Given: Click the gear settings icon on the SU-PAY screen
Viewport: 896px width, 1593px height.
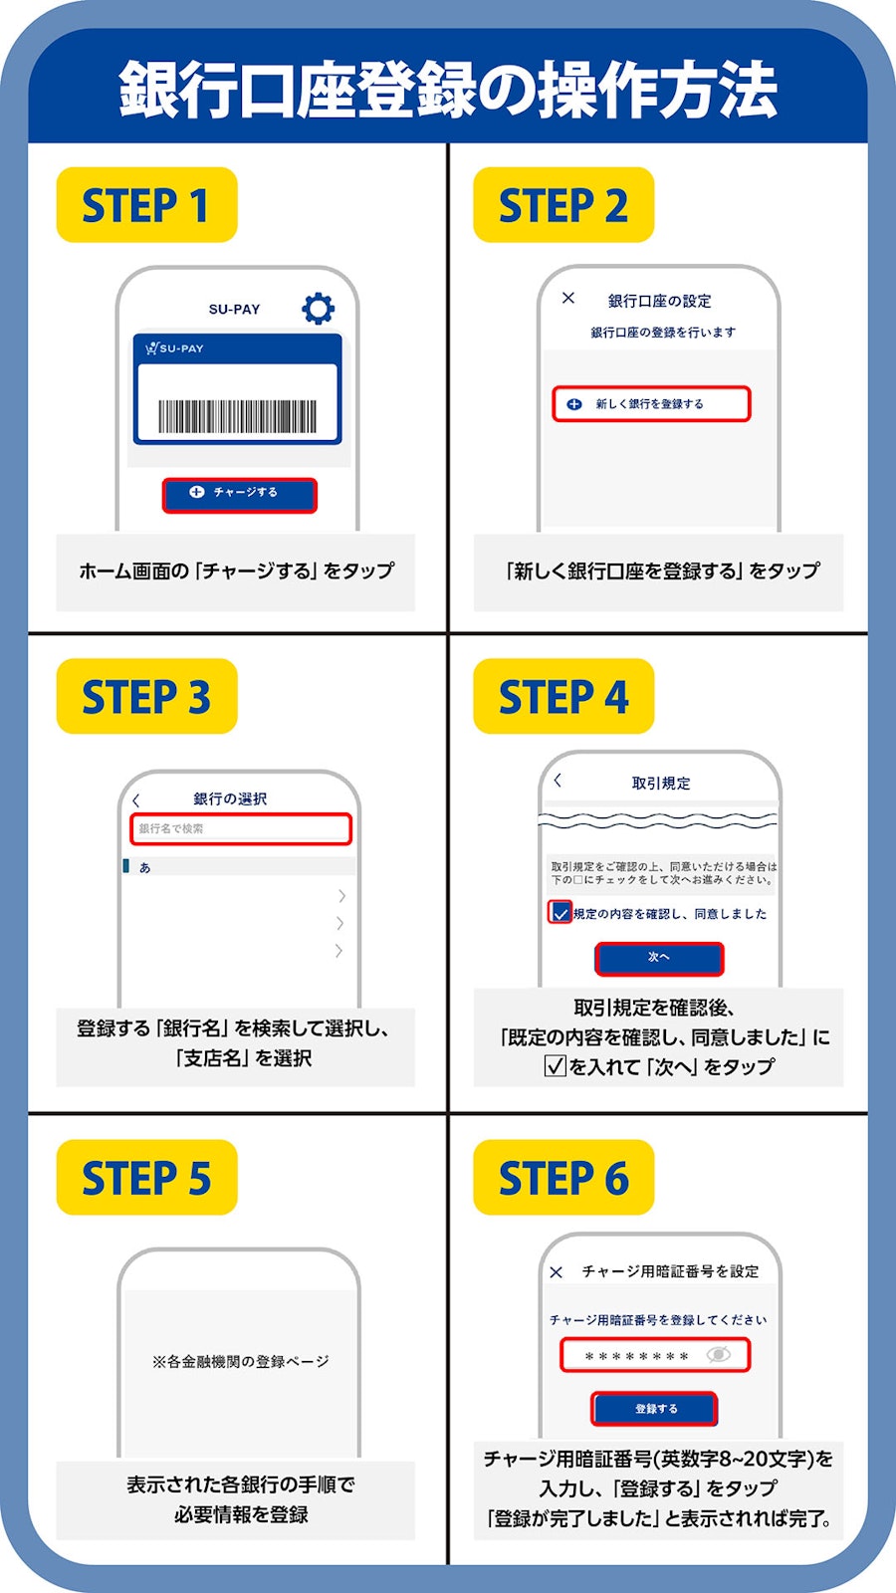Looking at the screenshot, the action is (318, 308).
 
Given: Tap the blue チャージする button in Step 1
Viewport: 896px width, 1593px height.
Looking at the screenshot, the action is (240, 495).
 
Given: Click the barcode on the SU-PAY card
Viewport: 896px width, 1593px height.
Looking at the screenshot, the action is (238, 416).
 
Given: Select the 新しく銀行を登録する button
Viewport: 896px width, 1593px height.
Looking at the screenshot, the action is (651, 404).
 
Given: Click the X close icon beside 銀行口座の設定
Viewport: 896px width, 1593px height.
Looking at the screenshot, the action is (568, 298).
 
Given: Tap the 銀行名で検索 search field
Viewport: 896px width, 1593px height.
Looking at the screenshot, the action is (241, 828).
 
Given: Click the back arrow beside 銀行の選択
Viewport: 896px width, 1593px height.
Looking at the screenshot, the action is (135, 800).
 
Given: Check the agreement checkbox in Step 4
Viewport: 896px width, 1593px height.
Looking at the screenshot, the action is (560, 912).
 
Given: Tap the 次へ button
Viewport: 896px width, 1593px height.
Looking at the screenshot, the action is (659, 958).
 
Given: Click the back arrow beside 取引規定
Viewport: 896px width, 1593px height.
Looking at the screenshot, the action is (558, 781).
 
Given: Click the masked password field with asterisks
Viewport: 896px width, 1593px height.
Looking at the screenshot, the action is (655, 1355).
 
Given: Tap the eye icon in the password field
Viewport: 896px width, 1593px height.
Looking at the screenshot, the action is (719, 1355).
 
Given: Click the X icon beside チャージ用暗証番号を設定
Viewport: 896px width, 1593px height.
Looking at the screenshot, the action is (557, 1272).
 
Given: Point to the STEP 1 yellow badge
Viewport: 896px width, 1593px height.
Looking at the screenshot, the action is (146, 205).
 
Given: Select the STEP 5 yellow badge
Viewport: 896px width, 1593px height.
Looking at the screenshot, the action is (146, 1177).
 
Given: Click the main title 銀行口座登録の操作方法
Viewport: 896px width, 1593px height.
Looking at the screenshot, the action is (448, 89).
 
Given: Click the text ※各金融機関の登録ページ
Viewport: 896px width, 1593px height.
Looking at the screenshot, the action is (240, 1361).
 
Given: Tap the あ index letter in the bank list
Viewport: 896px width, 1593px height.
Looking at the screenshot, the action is (145, 867).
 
